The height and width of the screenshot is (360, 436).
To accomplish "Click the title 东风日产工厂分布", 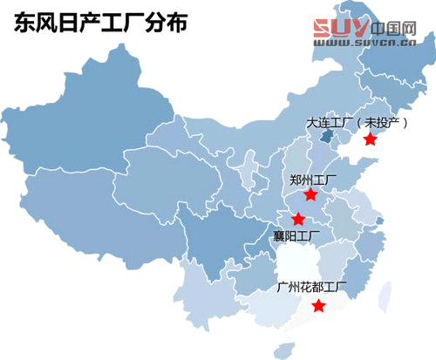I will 99,24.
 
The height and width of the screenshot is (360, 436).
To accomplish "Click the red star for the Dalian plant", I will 371,139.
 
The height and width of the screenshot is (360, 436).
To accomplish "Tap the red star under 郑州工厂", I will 310,194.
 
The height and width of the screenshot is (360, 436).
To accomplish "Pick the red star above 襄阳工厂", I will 299,218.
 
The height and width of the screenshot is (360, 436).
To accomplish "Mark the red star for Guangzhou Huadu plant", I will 319,306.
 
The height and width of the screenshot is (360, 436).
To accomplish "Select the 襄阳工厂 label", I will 296,235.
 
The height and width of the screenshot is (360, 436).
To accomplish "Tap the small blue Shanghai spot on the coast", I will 379,222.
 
